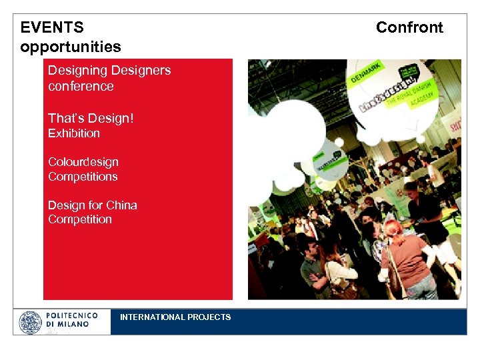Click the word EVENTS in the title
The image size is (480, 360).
[x=52, y=27]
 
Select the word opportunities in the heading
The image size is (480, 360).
[x=71, y=47]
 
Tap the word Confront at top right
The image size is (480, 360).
[x=409, y=27]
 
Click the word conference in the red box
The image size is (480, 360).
[x=81, y=87]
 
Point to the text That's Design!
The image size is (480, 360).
[x=91, y=118]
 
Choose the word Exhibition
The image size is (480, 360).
[x=74, y=133]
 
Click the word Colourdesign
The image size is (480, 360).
[x=83, y=162]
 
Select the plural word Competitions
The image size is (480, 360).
[x=83, y=177]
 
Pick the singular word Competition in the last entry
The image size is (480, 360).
[x=80, y=219]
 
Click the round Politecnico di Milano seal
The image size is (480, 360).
[x=30, y=322]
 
